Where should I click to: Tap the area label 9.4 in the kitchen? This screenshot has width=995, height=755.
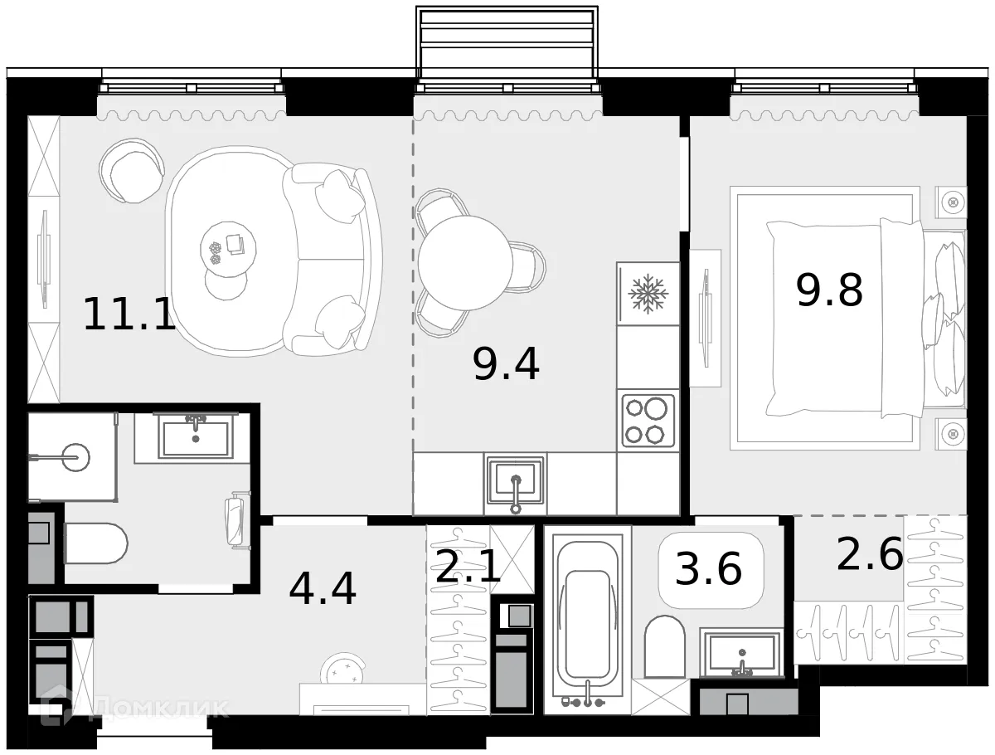click(506, 364)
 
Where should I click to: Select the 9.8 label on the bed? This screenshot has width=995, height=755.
click(829, 290)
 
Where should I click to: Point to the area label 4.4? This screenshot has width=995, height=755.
click(323, 588)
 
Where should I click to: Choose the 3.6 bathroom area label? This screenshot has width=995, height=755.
click(709, 570)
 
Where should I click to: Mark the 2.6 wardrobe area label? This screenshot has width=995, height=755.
click(869, 554)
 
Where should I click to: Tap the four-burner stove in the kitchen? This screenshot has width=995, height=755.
click(648, 421)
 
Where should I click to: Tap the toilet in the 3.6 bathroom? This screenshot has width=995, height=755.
click(665, 646)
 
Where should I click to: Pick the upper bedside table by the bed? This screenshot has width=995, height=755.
click(951, 202)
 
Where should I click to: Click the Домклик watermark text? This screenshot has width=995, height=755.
click(158, 708)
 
